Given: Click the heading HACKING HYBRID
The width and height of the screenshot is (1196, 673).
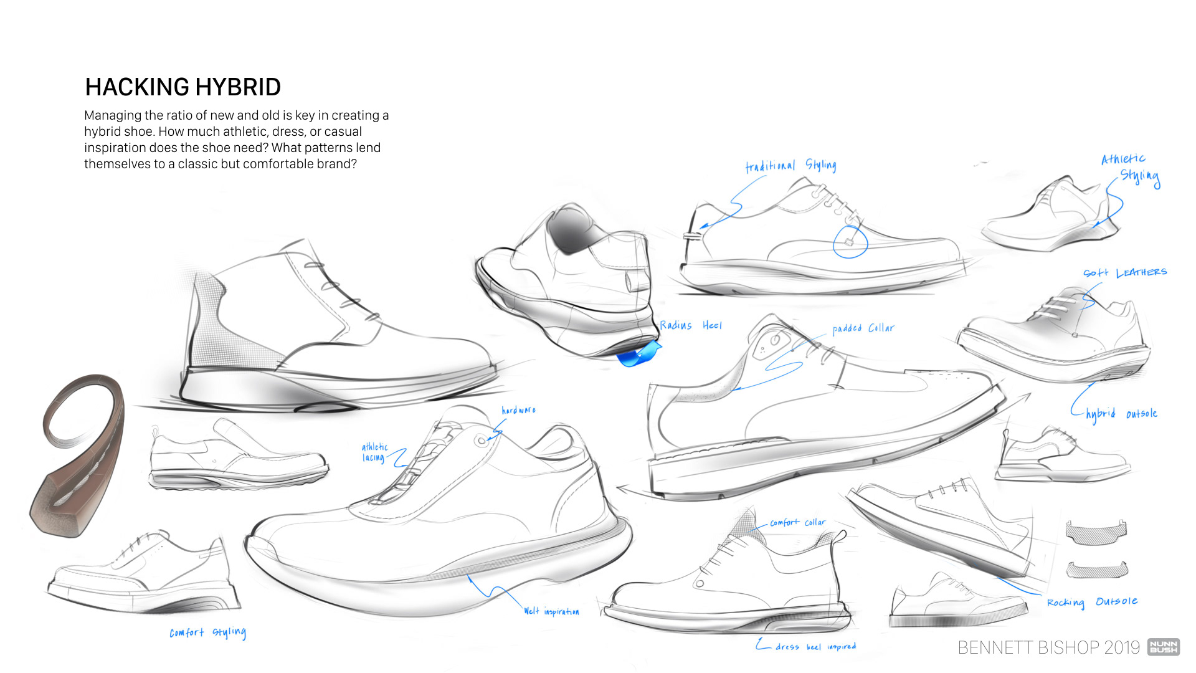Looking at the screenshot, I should [x=183, y=87].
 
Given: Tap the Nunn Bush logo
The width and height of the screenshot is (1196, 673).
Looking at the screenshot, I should [x=1163, y=647].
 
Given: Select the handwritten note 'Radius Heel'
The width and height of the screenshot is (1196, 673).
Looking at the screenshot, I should [x=690, y=325].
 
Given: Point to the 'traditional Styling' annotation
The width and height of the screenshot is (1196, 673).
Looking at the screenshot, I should [x=790, y=166].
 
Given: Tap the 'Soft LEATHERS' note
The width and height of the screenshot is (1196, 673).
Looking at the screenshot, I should [x=1124, y=273].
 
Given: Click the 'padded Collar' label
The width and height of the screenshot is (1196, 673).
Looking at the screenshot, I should [x=863, y=328].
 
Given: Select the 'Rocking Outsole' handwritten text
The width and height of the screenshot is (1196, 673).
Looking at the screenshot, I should [x=1092, y=602].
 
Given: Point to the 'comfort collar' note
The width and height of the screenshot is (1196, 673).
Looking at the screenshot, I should [x=797, y=522].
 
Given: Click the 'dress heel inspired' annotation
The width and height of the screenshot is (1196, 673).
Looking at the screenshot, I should [x=815, y=647].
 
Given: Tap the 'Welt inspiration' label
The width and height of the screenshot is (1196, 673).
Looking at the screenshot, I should [x=551, y=612].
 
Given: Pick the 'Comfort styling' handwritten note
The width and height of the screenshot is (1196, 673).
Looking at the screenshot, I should [x=207, y=633].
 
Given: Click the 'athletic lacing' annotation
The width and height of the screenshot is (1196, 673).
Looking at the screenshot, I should [x=374, y=452].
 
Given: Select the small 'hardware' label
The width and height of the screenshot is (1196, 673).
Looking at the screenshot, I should [x=518, y=410].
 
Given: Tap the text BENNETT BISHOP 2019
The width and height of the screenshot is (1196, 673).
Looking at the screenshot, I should [x=1048, y=648].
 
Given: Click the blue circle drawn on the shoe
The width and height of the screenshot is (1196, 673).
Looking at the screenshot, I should [x=850, y=242].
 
